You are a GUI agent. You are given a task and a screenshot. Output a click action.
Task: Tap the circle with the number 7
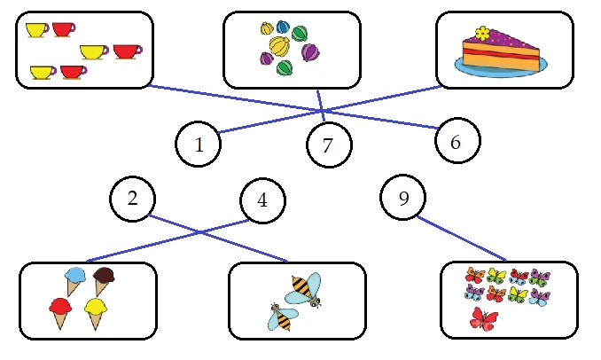(329, 145)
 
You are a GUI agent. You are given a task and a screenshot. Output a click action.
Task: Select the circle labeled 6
(457, 140)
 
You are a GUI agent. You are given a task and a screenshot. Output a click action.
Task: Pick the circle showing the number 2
(133, 199)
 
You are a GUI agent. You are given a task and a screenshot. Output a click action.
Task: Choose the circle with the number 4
(263, 200)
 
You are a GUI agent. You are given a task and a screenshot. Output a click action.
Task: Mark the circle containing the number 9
(403, 198)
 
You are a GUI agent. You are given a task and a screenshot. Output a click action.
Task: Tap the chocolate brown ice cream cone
(105, 280)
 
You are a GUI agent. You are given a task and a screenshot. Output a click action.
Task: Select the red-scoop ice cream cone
(60, 312)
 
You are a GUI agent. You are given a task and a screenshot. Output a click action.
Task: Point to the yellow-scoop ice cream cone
(97, 312)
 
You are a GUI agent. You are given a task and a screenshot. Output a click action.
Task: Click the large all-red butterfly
(484, 317)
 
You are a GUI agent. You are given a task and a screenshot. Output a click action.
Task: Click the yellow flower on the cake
(482, 34)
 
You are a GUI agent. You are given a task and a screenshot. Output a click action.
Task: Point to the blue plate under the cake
(501, 67)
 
